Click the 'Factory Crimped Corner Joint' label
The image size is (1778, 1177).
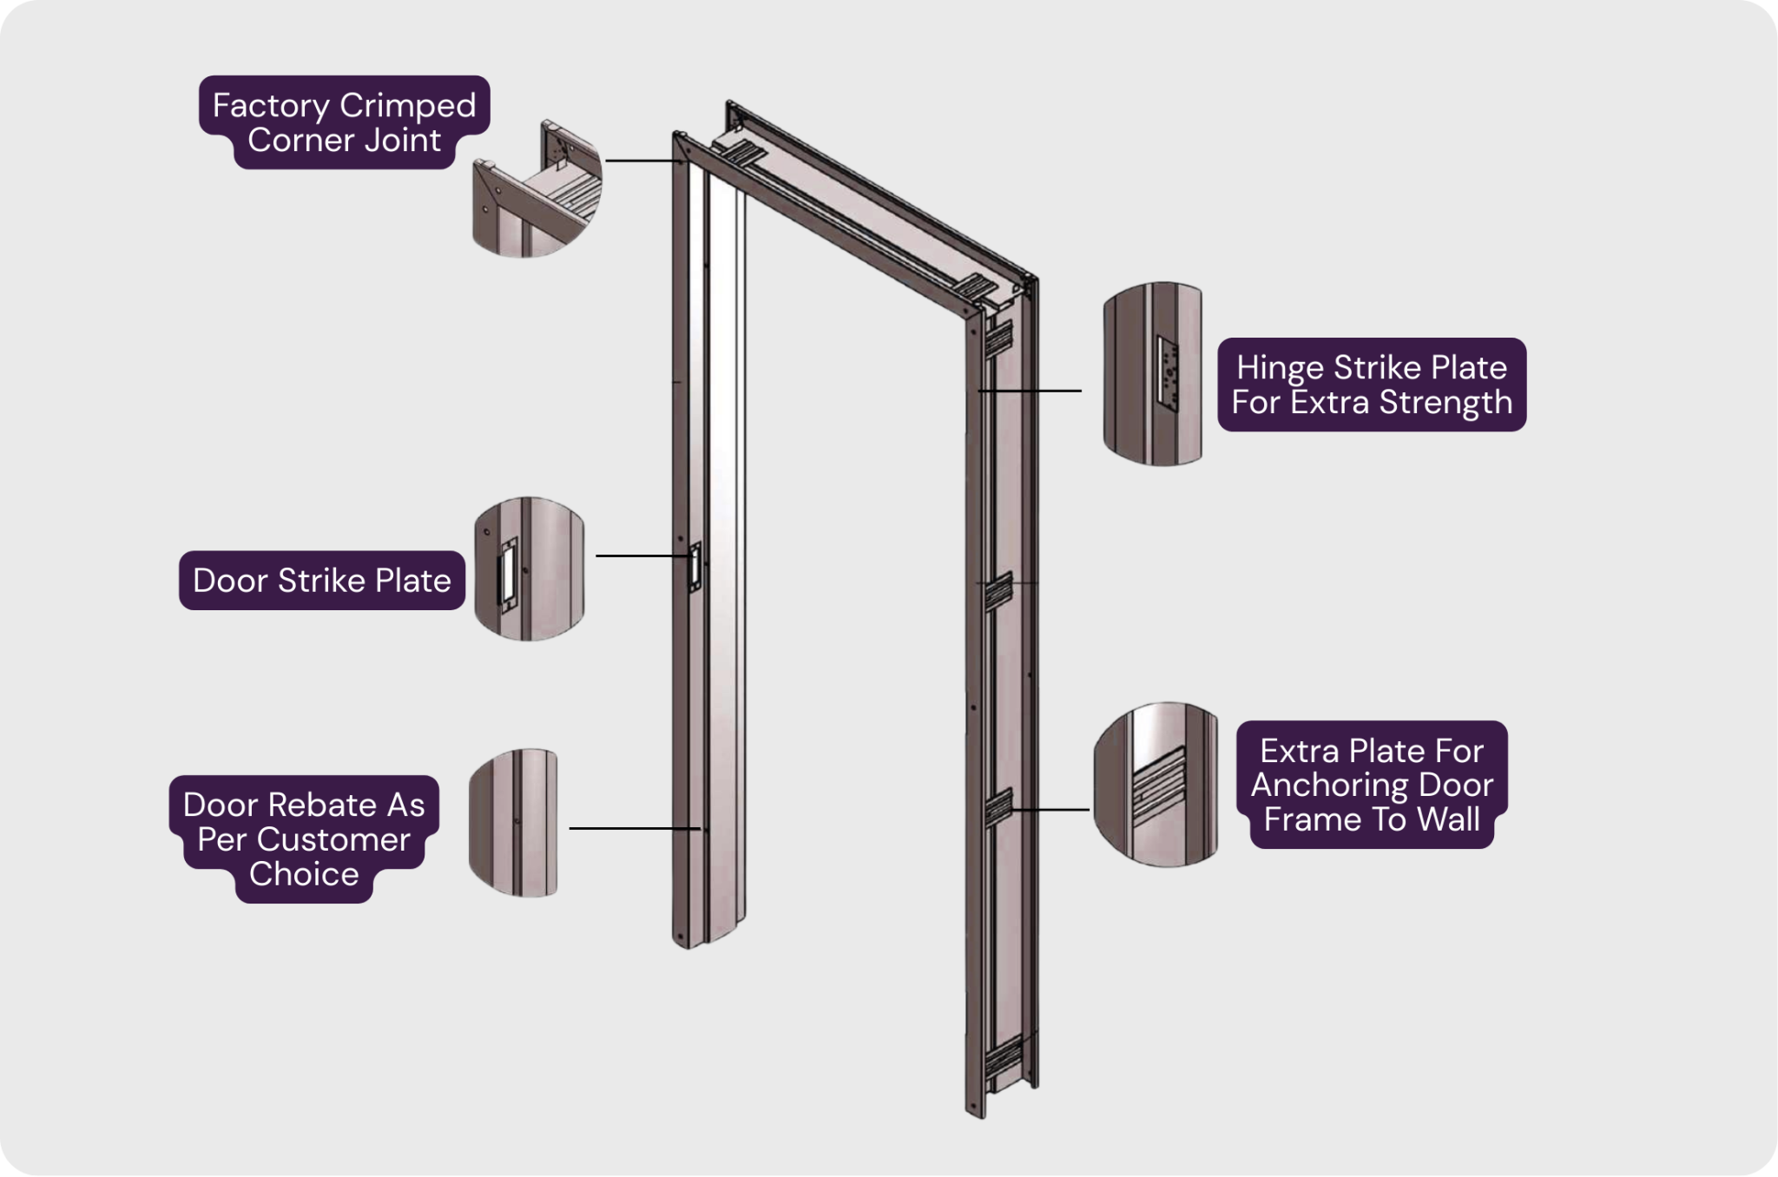345,122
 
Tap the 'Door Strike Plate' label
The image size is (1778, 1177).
322,581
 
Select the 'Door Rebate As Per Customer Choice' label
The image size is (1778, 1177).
304,839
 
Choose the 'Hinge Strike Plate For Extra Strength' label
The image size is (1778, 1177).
1372,385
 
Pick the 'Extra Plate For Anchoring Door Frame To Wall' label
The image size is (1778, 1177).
1372,785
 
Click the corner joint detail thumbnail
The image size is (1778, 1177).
537,188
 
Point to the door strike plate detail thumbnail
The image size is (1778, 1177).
530,569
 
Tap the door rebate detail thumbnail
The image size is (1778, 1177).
513,823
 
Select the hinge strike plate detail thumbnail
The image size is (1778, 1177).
1153,373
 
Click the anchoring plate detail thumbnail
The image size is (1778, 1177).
1156,784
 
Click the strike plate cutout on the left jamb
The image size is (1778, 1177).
695,567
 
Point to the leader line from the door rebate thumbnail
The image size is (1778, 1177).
635,829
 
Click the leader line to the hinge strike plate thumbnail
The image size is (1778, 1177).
1030,391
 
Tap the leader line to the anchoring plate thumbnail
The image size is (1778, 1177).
1050,810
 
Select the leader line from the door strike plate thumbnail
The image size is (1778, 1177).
643,556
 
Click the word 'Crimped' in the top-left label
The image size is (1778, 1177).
407,106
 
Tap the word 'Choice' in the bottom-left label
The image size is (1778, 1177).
304,874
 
